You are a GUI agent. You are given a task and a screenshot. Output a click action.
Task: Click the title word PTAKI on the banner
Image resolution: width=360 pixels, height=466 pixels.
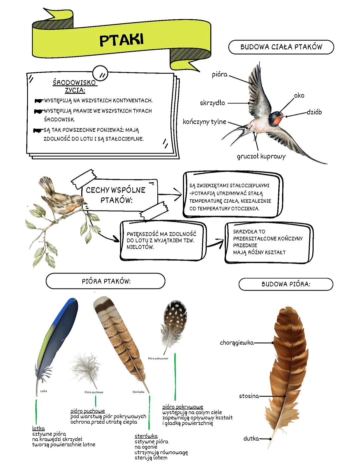(x=121, y=40)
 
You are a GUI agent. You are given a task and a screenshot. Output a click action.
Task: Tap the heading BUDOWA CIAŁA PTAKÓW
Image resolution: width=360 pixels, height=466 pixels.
(x=281, y=47)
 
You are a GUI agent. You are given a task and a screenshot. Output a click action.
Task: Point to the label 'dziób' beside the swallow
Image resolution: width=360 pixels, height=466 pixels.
(x=314, y=112)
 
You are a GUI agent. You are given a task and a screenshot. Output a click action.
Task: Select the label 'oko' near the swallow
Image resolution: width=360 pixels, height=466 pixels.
(x=299, y=96)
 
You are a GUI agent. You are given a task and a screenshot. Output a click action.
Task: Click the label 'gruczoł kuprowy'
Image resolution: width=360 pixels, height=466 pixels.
(x=261, y=156)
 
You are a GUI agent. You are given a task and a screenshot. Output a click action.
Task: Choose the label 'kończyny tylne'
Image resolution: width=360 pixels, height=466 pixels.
(x=204, y=122)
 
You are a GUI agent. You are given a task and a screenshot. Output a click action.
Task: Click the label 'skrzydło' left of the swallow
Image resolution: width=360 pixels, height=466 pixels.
(x=212, y=103)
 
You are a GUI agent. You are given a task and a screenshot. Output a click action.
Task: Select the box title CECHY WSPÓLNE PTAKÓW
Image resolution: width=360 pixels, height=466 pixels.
(x=116, y=195)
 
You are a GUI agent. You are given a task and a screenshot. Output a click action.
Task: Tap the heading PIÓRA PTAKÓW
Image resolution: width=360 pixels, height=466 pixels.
(x=106, y=281)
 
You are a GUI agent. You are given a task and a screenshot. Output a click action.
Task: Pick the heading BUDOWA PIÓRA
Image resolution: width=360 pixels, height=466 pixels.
(x=286, y=284)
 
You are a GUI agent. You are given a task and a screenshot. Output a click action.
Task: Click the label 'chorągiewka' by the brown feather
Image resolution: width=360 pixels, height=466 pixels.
(x=237, y=343)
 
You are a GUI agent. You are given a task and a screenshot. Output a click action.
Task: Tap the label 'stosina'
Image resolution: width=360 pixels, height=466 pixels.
(x=249, y=396)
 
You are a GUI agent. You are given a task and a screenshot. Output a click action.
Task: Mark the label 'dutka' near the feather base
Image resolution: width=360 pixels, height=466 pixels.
(x=251, y=439)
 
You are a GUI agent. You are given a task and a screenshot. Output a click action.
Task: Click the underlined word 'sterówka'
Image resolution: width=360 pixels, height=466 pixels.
(x=146, y=436)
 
